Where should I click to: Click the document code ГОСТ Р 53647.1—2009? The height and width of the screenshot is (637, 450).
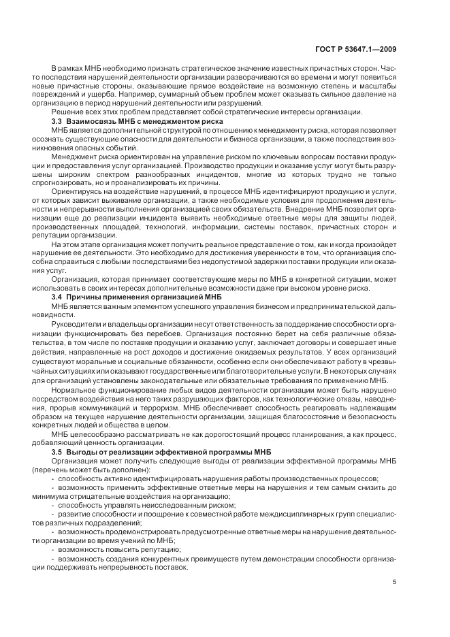click(x=358, y=49)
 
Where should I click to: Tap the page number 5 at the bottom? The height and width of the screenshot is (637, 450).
click(x=395, y=581)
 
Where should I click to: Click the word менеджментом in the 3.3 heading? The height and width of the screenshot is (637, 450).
click(x=145, y=121)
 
